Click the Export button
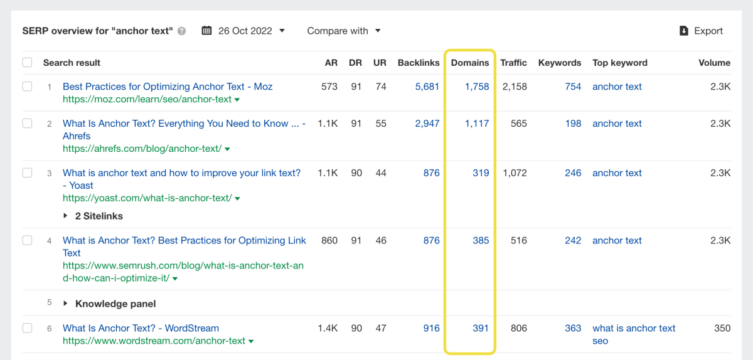[702, 31]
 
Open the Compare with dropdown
[344, 31]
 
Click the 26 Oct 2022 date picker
[243, 31]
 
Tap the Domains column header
[469, 63]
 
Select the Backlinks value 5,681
[427, 87]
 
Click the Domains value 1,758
[477, 87]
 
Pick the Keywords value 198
[573, 124]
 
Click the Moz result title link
[168, 87]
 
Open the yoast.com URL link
[147, 198]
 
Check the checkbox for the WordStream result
[27, 328]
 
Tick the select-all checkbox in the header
[27, 63]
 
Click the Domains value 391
[481, 328]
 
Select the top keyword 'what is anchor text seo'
[634, 334]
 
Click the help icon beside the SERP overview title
[182, 31]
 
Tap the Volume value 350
[722, 328]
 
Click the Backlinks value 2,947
[427, 124]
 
